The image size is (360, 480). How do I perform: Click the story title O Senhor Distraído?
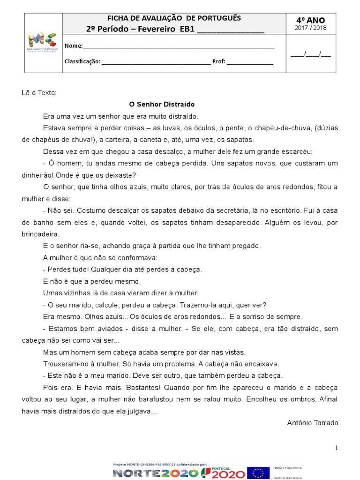(162, 104)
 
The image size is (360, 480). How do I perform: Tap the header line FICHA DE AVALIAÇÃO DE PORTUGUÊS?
(174, 18)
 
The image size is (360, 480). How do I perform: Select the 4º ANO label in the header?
(310, 20)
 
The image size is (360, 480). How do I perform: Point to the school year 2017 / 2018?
(310, 28)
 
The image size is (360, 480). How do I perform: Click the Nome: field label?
(73, 46)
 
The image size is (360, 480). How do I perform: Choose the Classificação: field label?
(82, 61)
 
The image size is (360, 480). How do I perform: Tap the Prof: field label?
(219, 61)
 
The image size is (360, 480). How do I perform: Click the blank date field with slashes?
(310, 53)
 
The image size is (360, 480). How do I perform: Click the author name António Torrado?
(312, 423)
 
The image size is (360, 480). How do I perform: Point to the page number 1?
(336, 449)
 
